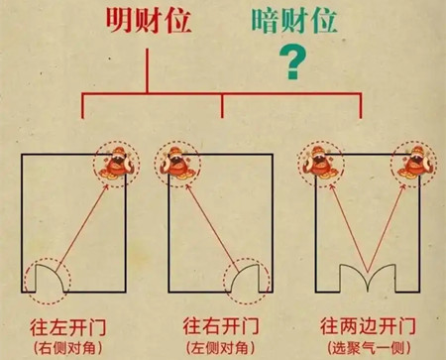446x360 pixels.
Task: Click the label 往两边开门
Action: [368, 324]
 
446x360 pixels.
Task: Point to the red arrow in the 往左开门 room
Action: [84, 223]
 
